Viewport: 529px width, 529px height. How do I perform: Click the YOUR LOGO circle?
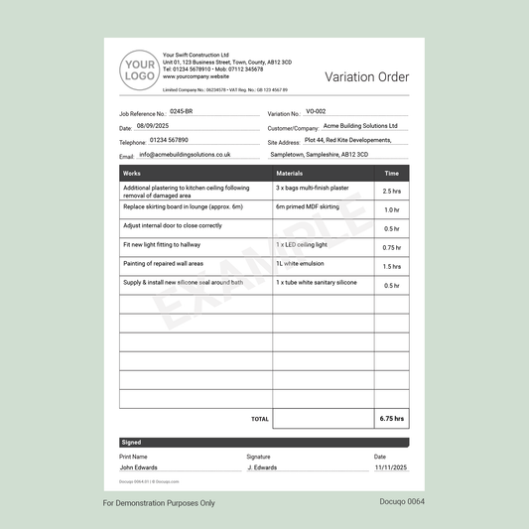click(137, 70)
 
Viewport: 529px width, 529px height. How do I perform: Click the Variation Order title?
click(366, 77)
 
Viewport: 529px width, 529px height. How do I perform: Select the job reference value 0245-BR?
click(182, 112)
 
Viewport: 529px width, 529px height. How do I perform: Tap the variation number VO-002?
click(316, 112)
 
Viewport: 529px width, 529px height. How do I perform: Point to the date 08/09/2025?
click(153, 126)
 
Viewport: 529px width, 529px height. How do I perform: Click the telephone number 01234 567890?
click(169, 140)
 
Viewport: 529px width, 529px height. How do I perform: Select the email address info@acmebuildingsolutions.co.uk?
click(185, 155)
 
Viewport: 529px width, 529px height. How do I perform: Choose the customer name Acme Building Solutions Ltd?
click(359, 126)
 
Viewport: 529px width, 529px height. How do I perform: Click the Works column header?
click(132, 174)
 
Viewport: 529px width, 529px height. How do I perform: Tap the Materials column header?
click(290, 174)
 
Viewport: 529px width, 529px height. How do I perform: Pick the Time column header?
click(391, 174)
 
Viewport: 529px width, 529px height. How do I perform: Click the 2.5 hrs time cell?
click(391, 191)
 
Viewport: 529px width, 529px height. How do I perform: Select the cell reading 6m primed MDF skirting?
click(308, 207)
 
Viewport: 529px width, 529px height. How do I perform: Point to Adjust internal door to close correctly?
click(173, 225)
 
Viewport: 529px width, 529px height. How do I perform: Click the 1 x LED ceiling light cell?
click(302, 244)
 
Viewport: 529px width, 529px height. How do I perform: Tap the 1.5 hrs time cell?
click(391, 266)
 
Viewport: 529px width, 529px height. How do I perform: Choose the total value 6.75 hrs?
click(391, 419)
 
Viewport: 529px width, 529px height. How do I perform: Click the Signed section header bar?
click(264, 443)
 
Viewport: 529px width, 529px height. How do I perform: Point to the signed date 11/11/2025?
click(390, 466)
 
